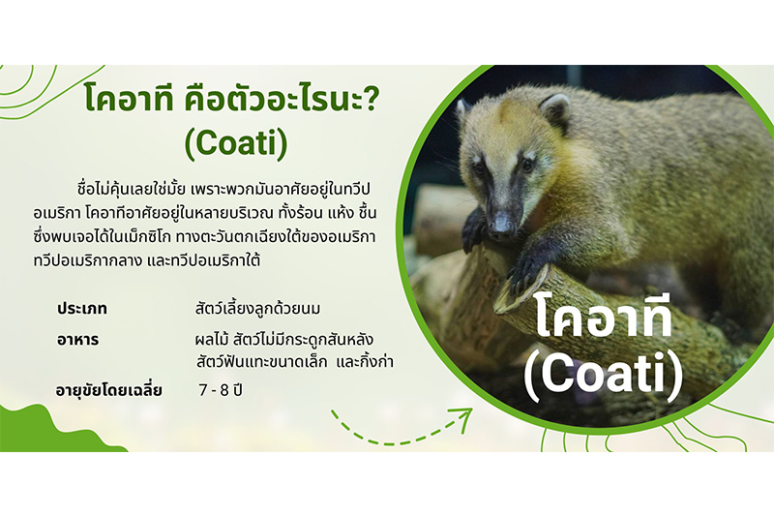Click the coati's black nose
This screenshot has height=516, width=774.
pos(502,226)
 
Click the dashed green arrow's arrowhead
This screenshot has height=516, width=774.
pos(463,421)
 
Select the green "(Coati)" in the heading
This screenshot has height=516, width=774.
pos(236,143)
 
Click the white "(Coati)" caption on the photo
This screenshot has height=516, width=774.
pos(603,378)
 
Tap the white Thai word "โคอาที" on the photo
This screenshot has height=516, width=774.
pos(604,318)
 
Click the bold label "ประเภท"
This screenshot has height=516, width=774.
pos(82,309)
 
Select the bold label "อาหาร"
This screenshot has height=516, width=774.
pos(77,340)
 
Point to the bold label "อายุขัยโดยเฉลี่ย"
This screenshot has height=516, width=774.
pos(108,390)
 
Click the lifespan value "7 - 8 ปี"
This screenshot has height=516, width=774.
pos(221,390)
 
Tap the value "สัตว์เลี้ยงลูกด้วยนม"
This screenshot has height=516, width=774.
pos(257,309)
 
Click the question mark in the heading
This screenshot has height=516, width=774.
pos(371,100)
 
